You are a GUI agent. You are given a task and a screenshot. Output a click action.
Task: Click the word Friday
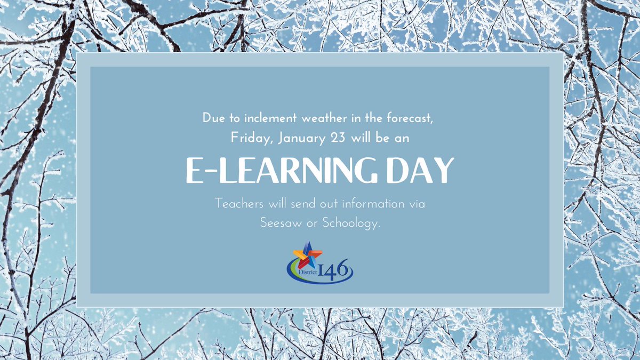[246, 138]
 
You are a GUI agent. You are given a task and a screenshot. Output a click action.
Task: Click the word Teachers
[237, 204]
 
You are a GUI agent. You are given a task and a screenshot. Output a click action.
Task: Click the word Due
[213, 118]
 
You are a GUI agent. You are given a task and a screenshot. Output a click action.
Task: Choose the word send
[298, 204]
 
